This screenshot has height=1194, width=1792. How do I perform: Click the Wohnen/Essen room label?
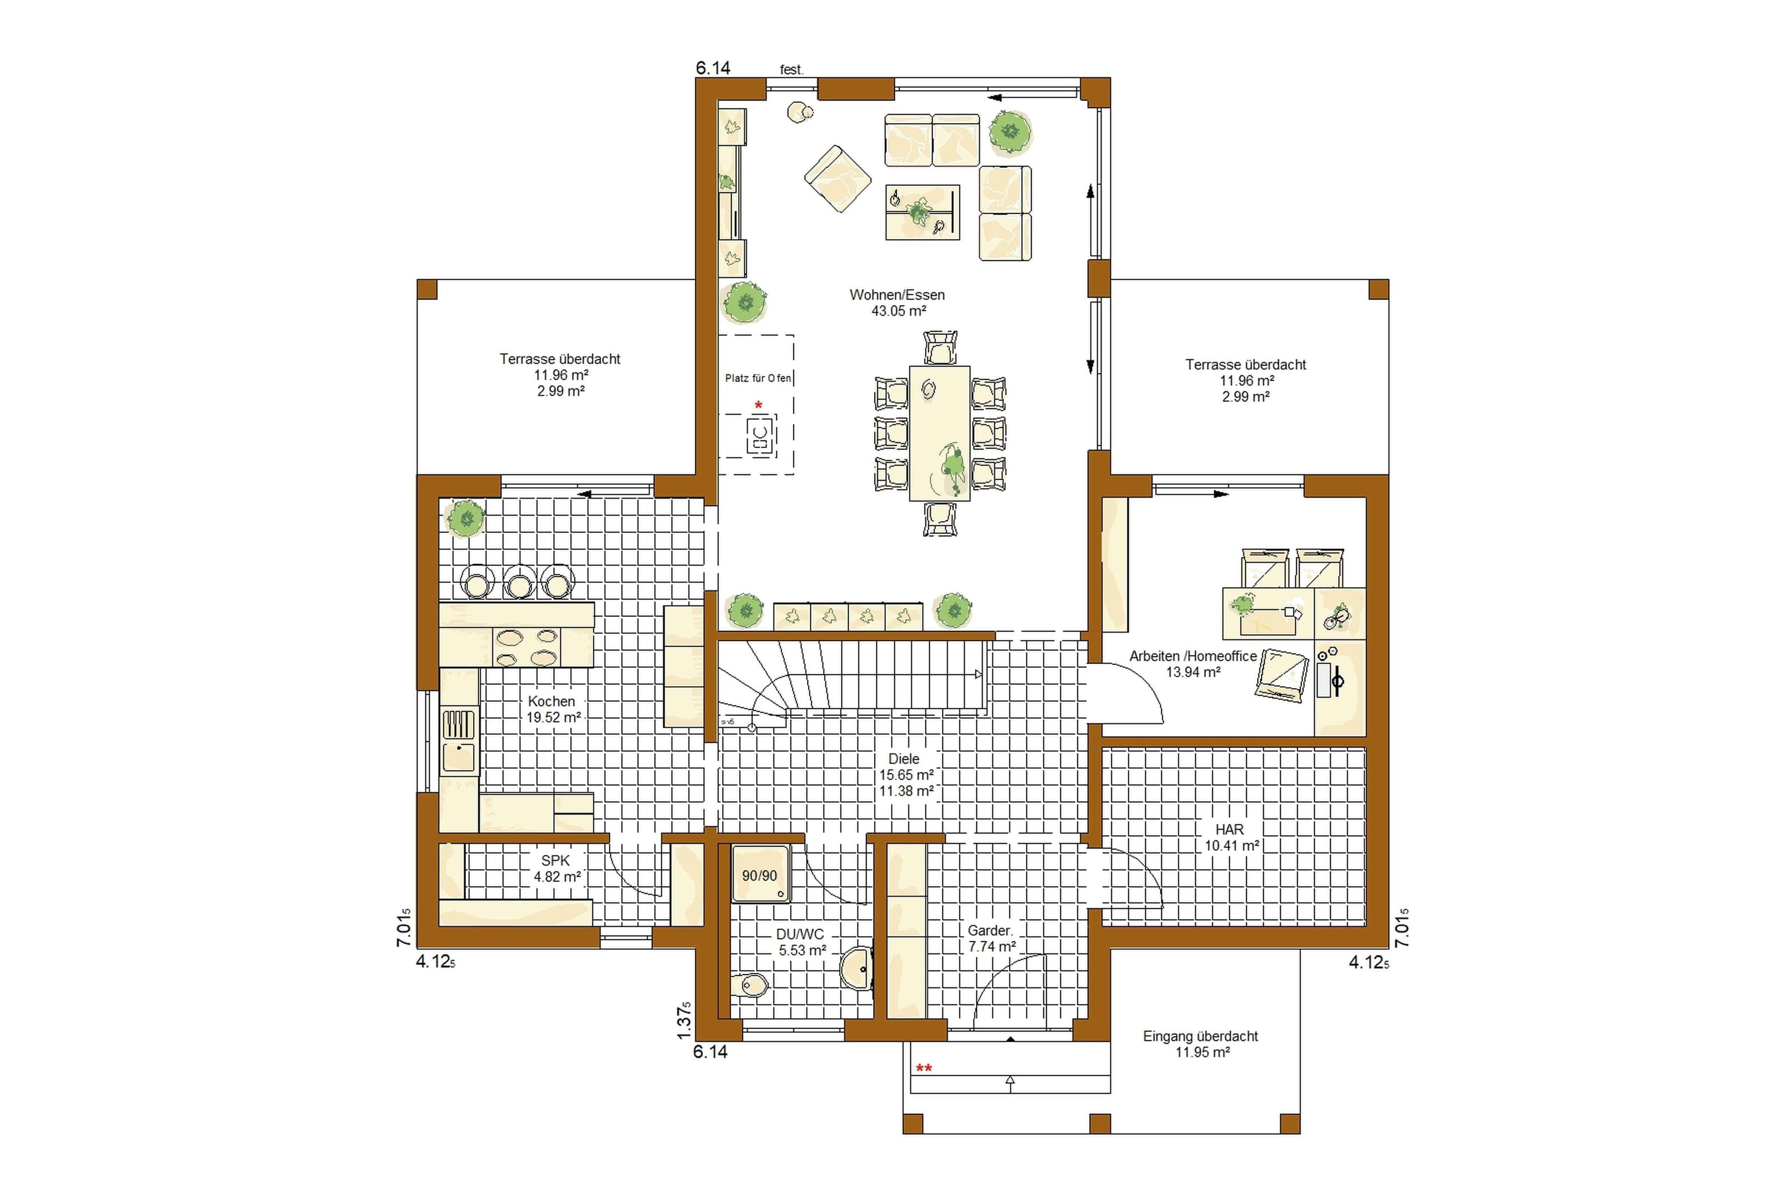click(x=897, y=294)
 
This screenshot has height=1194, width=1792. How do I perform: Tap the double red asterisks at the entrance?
click(x=924, y=1069)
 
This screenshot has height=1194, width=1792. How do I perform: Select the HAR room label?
click(x=1230, y=829)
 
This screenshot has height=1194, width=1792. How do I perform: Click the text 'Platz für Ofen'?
click(x=758, y=378)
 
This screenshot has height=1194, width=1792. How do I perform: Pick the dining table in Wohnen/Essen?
click(x=939, y=433)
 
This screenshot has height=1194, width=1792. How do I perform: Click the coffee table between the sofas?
click(x=922, y=213)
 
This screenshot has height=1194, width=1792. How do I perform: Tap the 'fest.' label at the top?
click(x=791, y=70)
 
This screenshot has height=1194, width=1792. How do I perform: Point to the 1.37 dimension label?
click(x=685, y=1020)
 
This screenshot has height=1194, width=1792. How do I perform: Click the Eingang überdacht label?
click(x=1200, y=1036)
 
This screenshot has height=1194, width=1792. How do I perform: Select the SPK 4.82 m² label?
click(x=556, y=868)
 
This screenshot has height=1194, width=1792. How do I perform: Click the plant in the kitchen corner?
click(x=465, y=520)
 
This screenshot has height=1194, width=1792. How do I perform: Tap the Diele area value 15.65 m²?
click(x=906, y=774)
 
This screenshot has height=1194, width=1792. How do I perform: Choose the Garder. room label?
click(x=990, y=930)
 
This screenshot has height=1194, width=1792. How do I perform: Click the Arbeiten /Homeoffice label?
click(x=1193, y=655)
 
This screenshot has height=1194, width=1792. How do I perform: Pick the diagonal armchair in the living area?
click(x=838, y=179)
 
